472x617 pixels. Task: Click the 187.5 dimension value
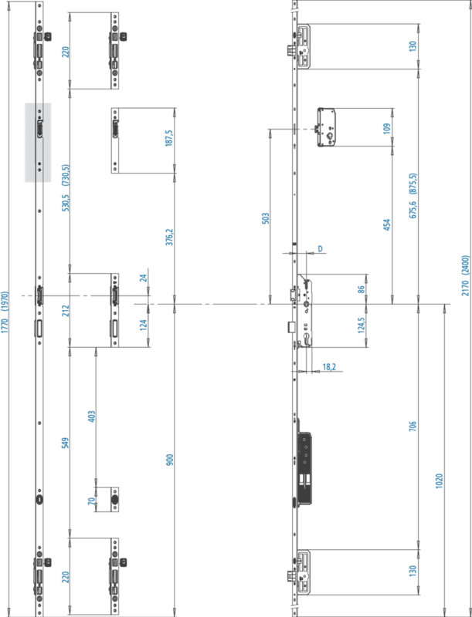point(168,140)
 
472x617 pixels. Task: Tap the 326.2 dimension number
point(168,238)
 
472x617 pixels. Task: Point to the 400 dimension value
point(92,416)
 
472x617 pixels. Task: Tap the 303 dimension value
point(265,218)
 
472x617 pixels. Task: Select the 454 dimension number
point(386,224)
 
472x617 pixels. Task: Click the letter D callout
point(319,249)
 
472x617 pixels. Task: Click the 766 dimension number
point(413,425)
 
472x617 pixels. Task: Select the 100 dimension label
point(386,127)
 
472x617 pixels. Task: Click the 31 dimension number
point(143,278)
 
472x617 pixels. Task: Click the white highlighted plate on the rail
point(38,143)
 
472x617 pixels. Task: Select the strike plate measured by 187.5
point(116,140)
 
